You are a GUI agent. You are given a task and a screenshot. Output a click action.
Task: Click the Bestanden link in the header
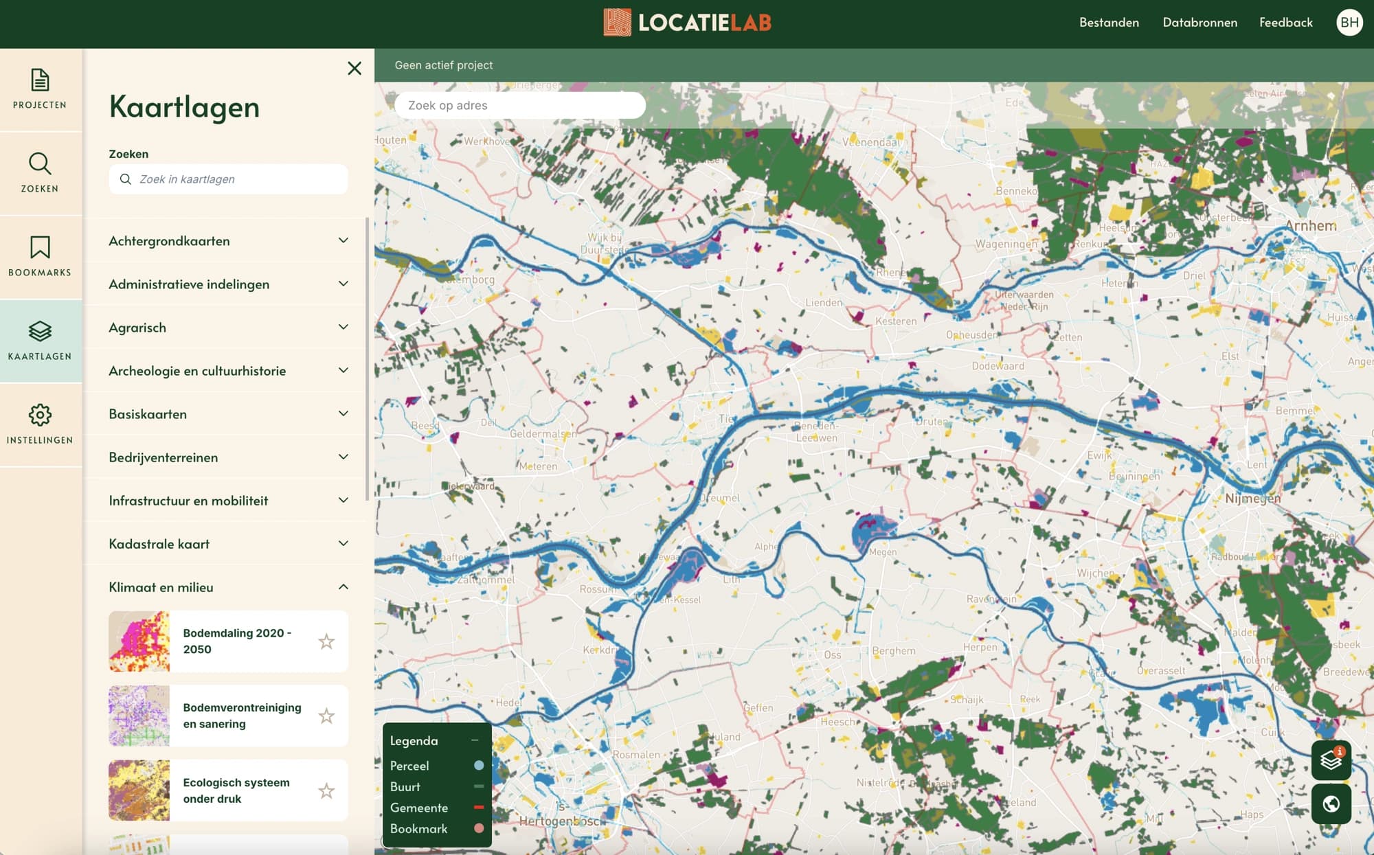point(1109,23)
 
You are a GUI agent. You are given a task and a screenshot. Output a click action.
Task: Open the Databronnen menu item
point(1200,23)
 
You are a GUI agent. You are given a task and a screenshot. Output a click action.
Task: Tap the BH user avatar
point(1349,23)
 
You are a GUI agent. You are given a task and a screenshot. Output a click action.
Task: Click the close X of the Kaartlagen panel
point(354,68)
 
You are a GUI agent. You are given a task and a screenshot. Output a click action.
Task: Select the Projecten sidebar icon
point(40,89)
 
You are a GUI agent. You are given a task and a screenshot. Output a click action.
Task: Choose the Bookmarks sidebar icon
point(40,256)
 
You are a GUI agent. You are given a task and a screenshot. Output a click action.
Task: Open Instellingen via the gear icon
point(40,424)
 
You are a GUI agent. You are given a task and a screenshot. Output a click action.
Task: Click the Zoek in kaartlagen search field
point(237,179)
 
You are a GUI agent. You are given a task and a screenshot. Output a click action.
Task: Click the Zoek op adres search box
point(519,105)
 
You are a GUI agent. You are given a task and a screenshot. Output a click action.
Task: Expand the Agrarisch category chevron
point(343,327)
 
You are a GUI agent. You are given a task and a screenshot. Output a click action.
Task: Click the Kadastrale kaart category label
point(159,544)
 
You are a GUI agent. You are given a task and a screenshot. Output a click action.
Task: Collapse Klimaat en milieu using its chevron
point(343,586)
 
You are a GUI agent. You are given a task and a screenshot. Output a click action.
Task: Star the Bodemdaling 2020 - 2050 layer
point(326,641)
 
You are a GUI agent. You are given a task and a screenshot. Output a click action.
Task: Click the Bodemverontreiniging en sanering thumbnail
point(139,716)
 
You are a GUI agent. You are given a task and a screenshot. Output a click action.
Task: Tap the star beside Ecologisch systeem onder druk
point(326,790)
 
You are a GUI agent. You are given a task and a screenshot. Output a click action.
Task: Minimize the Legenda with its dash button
point(475,740)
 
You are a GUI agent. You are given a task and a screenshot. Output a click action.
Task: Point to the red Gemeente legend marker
point(479,808)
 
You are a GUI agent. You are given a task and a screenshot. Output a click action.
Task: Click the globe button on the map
point(1331,803)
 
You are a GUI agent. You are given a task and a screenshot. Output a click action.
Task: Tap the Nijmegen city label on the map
point(1252,499)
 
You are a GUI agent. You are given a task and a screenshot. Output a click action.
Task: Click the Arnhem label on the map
point(1311,226)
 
